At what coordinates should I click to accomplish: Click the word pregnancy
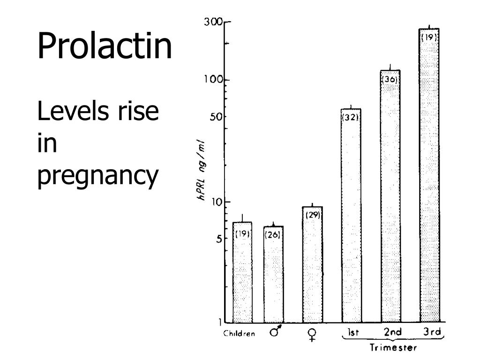click(x=97, y=176)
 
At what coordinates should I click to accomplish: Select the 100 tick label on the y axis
click(x=212, y=80)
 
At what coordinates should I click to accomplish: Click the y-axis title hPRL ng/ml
click(x=202, y=171)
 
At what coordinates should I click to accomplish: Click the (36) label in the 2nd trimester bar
click(x=390, y=80)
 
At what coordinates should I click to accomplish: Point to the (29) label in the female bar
click(x=313, y=215)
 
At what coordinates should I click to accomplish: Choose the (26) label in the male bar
click(x=273, y=235)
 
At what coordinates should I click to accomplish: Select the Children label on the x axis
click(x=239, y=334)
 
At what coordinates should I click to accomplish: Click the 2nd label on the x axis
click(x=393, y=332)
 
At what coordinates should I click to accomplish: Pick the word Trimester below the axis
click(x=393, y=348)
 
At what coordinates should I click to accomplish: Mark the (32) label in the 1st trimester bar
click(x=351, y=118)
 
